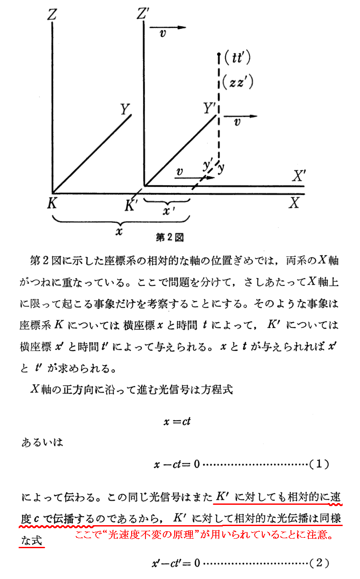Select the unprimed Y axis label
[x=126, y=109]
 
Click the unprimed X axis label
[x=295, y=202]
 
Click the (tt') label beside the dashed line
[x=236, y=59]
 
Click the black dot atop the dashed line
[x=220, y=55]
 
